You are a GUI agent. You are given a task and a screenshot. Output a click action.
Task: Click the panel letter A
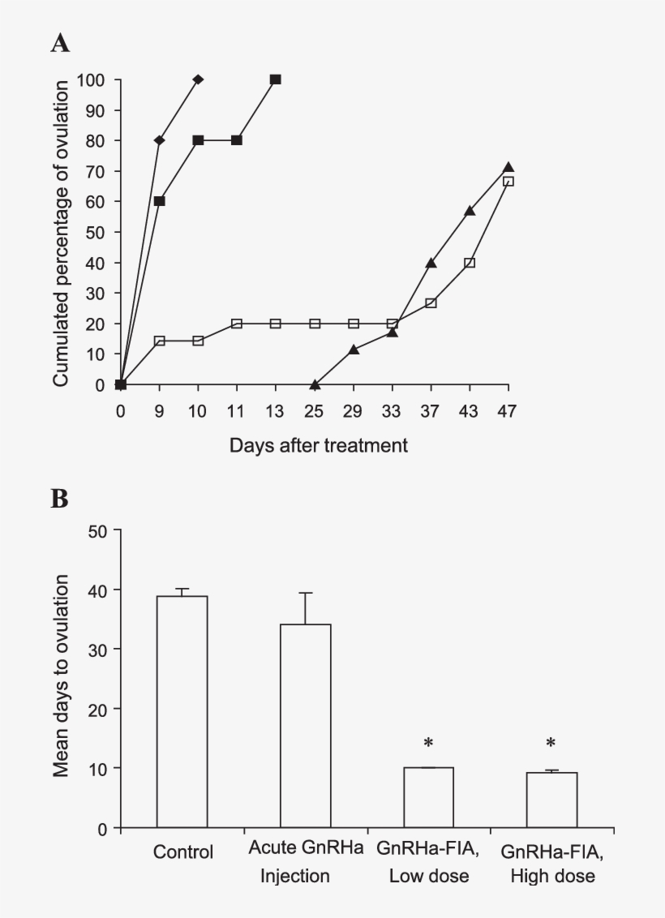pyautogui.click(x=60, y=44)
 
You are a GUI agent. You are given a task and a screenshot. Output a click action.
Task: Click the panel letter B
pyautogui.click(x=60, y=499)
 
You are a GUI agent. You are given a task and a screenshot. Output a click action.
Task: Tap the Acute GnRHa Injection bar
pyautogui.click(x=305, y=726)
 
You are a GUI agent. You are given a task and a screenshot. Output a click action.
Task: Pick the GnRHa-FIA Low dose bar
pyautogui.click(x=428, y=798)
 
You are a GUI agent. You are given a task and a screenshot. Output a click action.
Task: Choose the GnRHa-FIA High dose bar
pyautogui.click(x=551, y=800)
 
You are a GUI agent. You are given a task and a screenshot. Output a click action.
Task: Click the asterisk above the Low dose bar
pyautogui.click(x=428, y=743)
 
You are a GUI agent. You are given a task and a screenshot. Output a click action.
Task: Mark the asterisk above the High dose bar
pyautogui.click(x=551, y=743)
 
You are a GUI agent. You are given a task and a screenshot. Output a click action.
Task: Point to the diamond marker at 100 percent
pyautogui.click(x=198, y=79)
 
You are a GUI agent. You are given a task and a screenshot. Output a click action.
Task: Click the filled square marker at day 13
pyautogui.click(x=276, y=79)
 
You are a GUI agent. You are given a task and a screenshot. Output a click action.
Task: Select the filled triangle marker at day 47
pyautogui.click(x=508, y=167)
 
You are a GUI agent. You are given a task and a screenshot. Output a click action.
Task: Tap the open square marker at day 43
pyautogui.click(x=470, y=263)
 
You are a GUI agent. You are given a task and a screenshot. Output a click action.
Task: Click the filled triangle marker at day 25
pyautogui.click(x=315, y=384)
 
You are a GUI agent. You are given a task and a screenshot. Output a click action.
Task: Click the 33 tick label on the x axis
pyautogui.click(x=392, y=411)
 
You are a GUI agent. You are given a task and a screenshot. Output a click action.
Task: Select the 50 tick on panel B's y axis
pyautogui.click(x=102, y=530)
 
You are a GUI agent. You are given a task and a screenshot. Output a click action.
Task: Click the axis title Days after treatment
pyautogui.click(x=318, y=445)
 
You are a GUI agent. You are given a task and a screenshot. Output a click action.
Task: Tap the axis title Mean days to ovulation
pyautogui.click(x=62, y=676)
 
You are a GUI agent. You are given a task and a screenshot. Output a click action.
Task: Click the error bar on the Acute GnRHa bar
pyautogui.click(x=305, y=608)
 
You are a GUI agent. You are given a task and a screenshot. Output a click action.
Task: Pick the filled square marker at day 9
pyautogui.click(x=159, y=201)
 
